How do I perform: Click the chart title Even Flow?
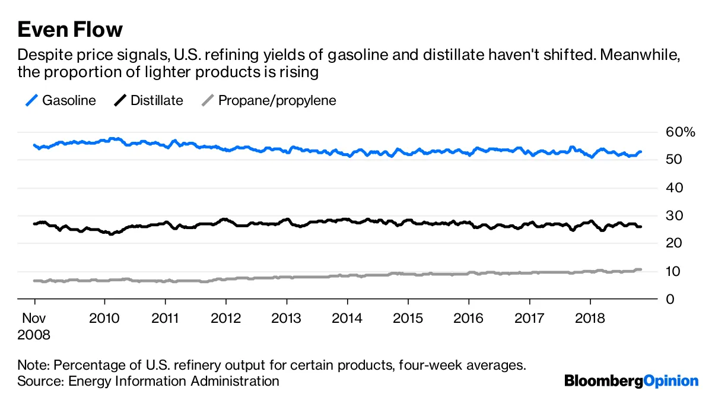70,29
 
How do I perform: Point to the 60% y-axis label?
679,132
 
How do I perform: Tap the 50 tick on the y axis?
673,160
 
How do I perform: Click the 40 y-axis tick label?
673,188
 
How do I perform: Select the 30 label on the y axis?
673,215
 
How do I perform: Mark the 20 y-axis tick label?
673,243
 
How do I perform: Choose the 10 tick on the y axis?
673,271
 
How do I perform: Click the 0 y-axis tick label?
670,299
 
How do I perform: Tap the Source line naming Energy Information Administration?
148,380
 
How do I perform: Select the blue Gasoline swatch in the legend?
32,100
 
